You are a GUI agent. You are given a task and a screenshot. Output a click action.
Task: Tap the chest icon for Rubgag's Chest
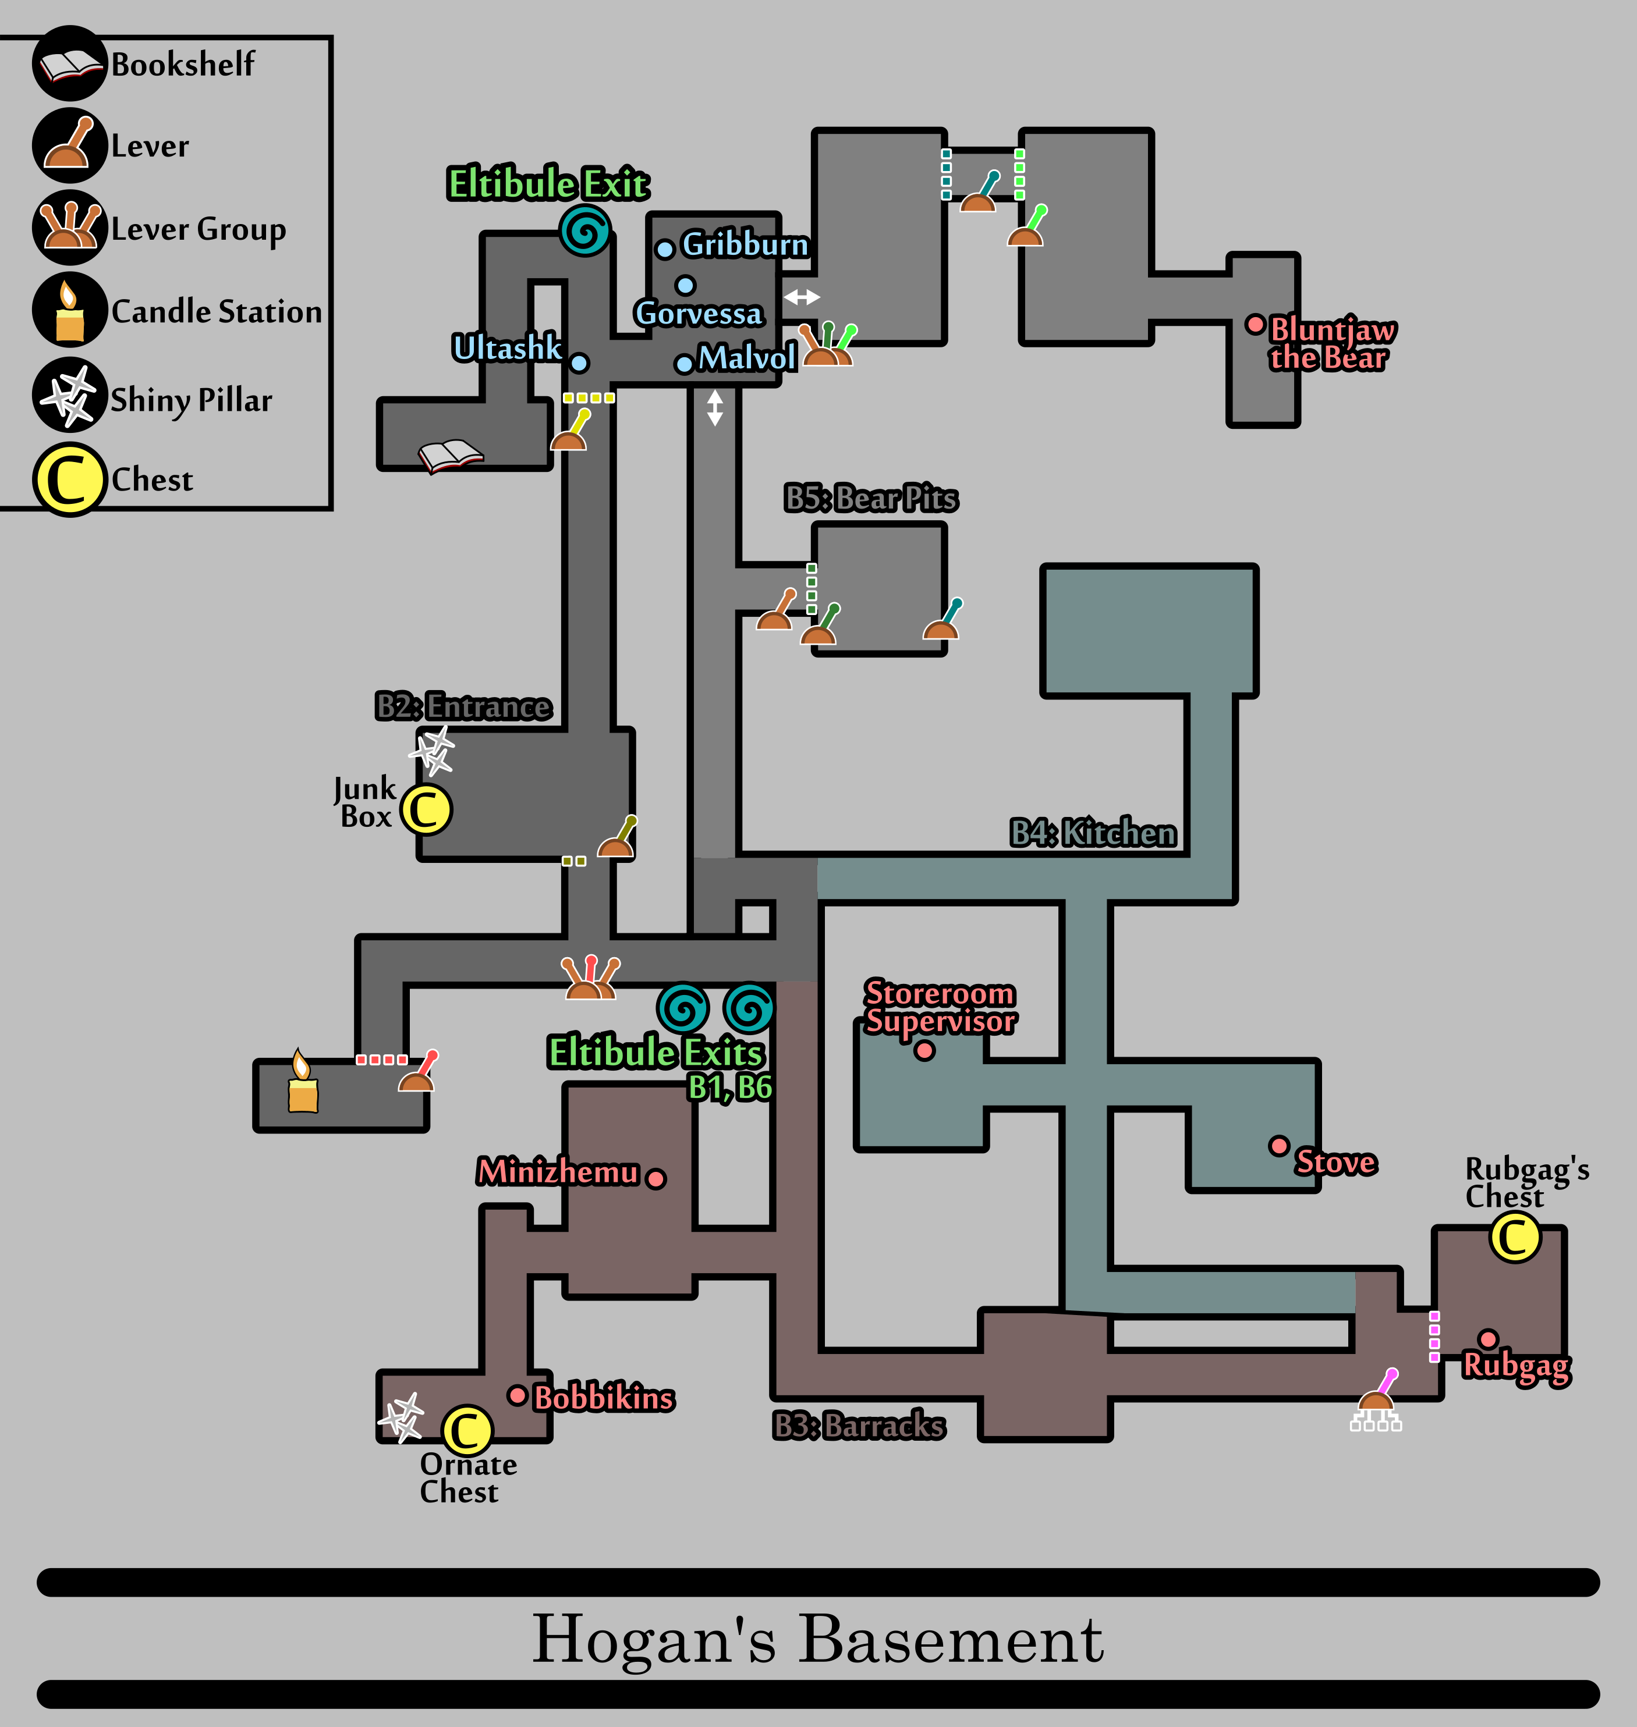[1515, 1237]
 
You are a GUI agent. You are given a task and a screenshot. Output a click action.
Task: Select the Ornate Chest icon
[467, 1430]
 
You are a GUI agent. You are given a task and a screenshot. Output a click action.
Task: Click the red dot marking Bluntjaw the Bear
[1255, 325]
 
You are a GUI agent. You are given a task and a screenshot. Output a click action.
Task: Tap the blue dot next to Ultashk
[579, 363]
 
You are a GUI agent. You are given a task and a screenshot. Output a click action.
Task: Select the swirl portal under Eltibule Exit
[584, 231]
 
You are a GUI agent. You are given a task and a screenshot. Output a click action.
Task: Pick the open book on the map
[450, 455]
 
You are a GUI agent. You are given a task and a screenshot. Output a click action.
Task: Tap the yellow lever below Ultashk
[570, 430]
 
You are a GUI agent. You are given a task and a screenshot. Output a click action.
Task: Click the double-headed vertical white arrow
[715, 407]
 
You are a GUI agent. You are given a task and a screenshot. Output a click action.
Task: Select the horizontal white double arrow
[801, 297]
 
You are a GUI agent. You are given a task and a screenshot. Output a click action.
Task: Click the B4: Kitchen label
[1093, 833]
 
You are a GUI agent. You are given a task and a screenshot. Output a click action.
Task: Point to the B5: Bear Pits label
[871, 498]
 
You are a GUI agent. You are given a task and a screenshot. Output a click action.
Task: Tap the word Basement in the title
[951, 1640]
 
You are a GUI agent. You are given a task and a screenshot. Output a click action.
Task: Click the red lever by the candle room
[418, 1071]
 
